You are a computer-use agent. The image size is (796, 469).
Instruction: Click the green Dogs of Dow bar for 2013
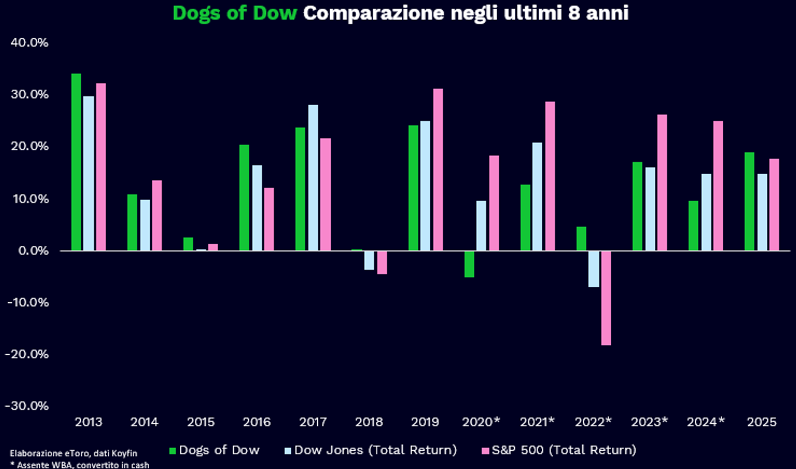[x=76, y=162]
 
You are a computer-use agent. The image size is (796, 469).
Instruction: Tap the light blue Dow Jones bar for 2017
[x=313, y=177]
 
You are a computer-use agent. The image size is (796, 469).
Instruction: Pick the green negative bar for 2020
[x=469, y=263]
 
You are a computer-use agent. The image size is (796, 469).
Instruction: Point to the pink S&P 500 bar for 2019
[x=438, y=169]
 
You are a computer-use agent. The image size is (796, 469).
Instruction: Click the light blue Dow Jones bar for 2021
[x=538, y=197]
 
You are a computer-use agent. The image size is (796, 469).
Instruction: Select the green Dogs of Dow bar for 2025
[x=749, y=201]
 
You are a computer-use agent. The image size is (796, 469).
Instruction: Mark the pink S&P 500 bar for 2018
[x=382, y=262]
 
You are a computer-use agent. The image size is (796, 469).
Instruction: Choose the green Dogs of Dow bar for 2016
[x=244, y=198]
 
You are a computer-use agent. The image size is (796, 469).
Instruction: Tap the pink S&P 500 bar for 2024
[x=718, y=186]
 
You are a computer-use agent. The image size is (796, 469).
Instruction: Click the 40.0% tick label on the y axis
[x=30, y=42]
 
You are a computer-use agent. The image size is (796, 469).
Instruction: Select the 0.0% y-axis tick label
[x=33, y=251]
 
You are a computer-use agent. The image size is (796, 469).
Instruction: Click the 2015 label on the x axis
[x=201, y=422]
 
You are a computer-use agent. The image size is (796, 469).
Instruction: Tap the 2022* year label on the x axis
[x=593, y=422]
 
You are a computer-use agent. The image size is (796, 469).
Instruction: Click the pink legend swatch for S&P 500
[x=485, y=451]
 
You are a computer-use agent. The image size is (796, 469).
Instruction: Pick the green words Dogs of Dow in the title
[x=235, y=13]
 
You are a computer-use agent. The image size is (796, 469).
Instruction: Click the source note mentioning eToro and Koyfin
[x=73, y=453]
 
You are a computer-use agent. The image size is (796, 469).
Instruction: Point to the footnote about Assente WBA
[x=80, y=465]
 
